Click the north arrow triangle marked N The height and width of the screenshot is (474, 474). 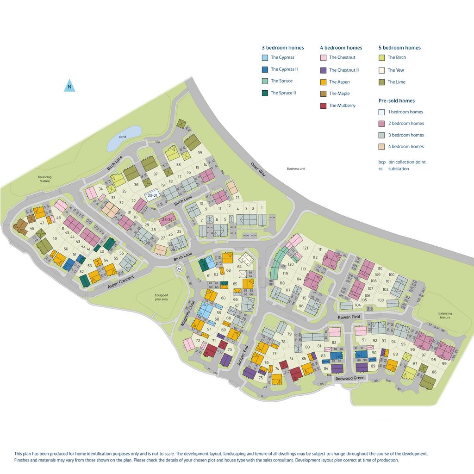point(69,86)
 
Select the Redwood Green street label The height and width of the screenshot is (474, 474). point(350,378)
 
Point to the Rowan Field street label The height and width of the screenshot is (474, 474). point(349,317)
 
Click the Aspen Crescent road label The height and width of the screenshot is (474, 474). point(121,282)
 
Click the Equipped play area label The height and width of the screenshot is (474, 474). point(162,297)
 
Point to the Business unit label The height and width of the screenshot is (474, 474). point(296,169)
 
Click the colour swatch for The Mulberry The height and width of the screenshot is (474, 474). point(324,106)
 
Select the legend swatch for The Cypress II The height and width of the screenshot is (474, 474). point(265,69)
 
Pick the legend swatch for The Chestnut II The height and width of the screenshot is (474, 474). point(324,70)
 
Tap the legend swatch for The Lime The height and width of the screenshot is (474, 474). point(382,82)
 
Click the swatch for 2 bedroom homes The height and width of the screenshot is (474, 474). point(382,124)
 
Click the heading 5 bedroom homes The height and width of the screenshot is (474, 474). point(399,48)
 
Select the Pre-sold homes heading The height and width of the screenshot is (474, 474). point(396,100)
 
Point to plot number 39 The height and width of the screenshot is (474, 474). point(200,153)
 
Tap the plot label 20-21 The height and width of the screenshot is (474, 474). point(152,196)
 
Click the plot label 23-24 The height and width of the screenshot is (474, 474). point(167,220)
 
